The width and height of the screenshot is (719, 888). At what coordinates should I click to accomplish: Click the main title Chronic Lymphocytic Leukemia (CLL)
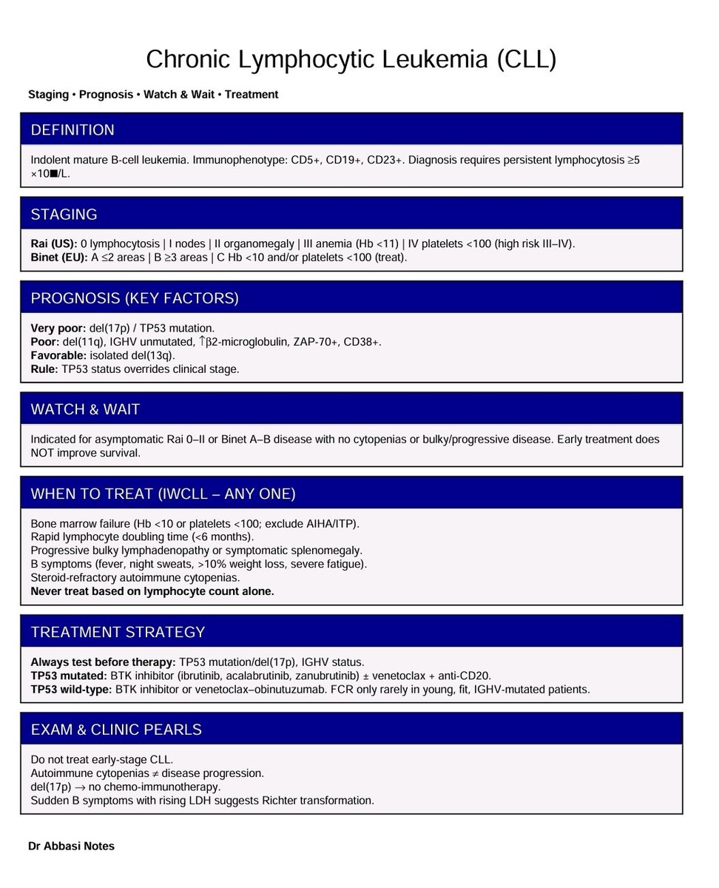(x=351, y=60)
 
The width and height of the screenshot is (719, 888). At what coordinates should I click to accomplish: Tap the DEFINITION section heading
(x=72, y=130)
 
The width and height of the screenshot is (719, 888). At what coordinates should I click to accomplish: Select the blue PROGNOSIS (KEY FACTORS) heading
(x=135, y=298)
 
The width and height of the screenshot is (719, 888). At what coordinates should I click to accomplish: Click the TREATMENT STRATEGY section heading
(x=118, y=632)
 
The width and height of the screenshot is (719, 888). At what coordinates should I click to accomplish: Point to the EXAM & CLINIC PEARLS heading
(x=116, y=730)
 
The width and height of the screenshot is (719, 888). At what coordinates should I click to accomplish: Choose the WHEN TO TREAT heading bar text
(x=163, y=494)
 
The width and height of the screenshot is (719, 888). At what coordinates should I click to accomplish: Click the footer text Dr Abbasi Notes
(x=72, y=846)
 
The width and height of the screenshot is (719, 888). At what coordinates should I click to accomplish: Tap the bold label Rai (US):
(x=54, y=243)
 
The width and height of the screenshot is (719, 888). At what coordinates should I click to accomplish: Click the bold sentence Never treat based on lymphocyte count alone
(x=152, y=591)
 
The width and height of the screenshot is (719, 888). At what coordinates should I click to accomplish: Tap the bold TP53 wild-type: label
(x=70, y=689)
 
